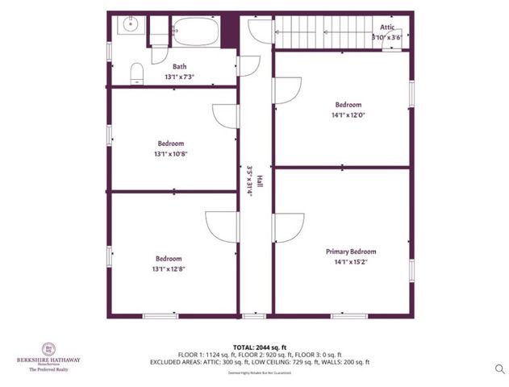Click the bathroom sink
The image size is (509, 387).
tap(130, 25)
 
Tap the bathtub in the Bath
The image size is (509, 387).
tap(194, 32)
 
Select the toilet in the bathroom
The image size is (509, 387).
tap(137, 73)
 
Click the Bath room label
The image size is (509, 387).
tap(180, 67)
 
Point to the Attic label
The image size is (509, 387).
tap(387, 27)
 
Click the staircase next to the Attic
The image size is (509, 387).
tap(323, 34)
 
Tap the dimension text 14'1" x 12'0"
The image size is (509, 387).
tap(348, 114)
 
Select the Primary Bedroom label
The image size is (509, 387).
tap(350, 252)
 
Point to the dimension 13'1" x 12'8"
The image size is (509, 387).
tap(169, 268)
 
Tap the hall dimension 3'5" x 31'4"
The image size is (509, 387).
tap(250, 183)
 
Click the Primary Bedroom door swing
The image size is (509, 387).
tap(287, 227)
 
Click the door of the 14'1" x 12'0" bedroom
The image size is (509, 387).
tap(286, 89)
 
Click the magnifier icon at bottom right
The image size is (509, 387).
tap(500, 368)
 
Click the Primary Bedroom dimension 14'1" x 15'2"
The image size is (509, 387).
tap(350, 261)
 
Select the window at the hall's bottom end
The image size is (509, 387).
tap(254, 315)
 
